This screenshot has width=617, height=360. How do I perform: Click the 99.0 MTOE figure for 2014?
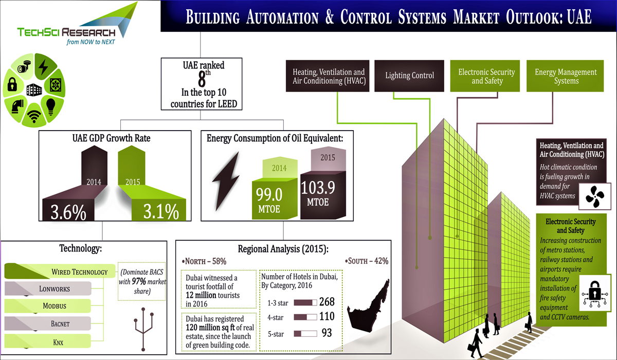pyautogui.click(x=270, y=195)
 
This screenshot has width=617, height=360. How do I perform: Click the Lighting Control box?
pyautogui.click(x=409, y=76)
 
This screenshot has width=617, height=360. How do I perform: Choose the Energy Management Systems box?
pyautogui.click(x=566, y=76)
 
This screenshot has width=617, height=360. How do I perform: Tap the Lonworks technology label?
pyautogui.click(x=55, y=289)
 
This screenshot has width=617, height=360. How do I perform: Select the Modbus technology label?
pyautogui.click(x=55, y=306)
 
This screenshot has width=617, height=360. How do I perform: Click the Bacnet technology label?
pyautogui.click(x=55, y=323)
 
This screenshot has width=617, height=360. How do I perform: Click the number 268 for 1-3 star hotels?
pyautogui.click(x=327, y=302)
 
